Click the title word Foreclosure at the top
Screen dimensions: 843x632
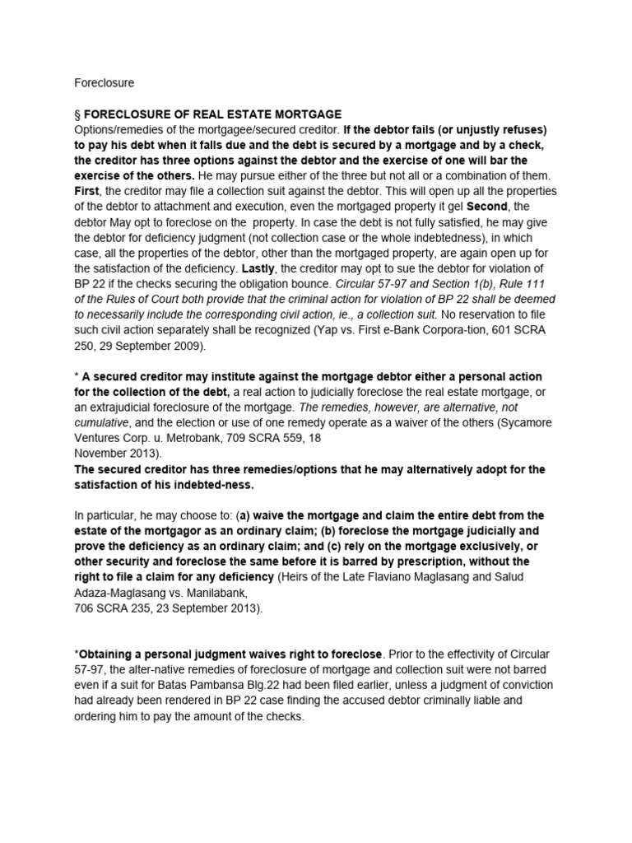[104, 83]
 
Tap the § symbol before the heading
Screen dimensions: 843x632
[77, 114]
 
